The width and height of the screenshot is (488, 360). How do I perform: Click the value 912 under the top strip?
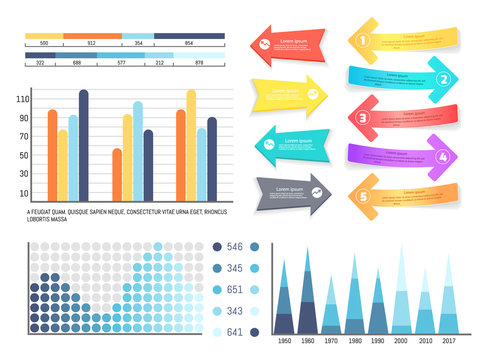pyautogui.click(x=92, y=44)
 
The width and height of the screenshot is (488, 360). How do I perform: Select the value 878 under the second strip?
pyautogui.click(x=198, y=63)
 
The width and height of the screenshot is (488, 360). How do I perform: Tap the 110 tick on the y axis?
pyautogui.click(x=23, y=98)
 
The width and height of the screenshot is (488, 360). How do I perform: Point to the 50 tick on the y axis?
pyautogui.click(x=23, y=156)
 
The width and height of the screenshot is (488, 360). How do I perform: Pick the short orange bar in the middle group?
pyautogui.click(x=117, y=175)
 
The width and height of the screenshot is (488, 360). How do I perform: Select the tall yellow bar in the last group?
pyautogui.click(x=191, y=145)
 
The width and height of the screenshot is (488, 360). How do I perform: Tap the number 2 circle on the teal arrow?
pyautogui.click(x=443, y=79)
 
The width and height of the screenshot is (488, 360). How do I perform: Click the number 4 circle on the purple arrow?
pyautogui.click(x=443, y=156)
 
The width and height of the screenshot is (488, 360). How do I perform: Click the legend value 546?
pyautogui.click(x=236, y=247)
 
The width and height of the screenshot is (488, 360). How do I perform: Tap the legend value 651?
pyautogui.click(x=236, y=290)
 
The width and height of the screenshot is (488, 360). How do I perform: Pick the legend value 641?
pyautogui.click(x=236, y=333)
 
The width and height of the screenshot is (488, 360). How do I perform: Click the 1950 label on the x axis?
pyautogui.click(x=284, y=342)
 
